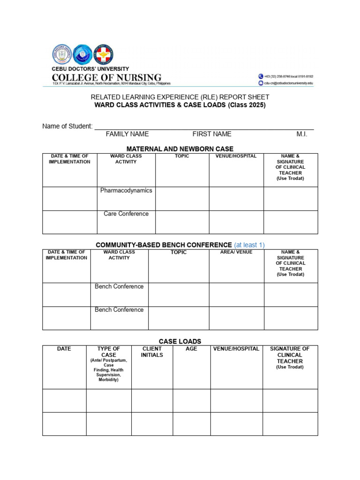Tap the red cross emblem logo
tap(103, 54)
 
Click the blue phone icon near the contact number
tap(260, 76)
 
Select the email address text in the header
tap(288, 83)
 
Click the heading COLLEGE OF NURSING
tap(106, 77)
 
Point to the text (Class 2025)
tap(247, 105)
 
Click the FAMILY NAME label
tap(127, 134)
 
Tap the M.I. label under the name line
tap(302, 134)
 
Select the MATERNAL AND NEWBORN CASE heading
tap(180, 149)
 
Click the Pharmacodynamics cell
tap(126, 191)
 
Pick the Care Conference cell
tap(126, 214)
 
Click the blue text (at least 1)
tap(249, 245)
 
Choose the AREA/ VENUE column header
tap(236, 252)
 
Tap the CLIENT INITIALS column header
tap(152, 352)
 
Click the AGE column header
tap(191, 349)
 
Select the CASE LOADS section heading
tap(180, 341)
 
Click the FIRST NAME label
tap(212, 134)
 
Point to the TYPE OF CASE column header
tap(109, 352)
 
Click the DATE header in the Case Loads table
tap(64, 349)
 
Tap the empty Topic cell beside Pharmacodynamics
tap(182, 199)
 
